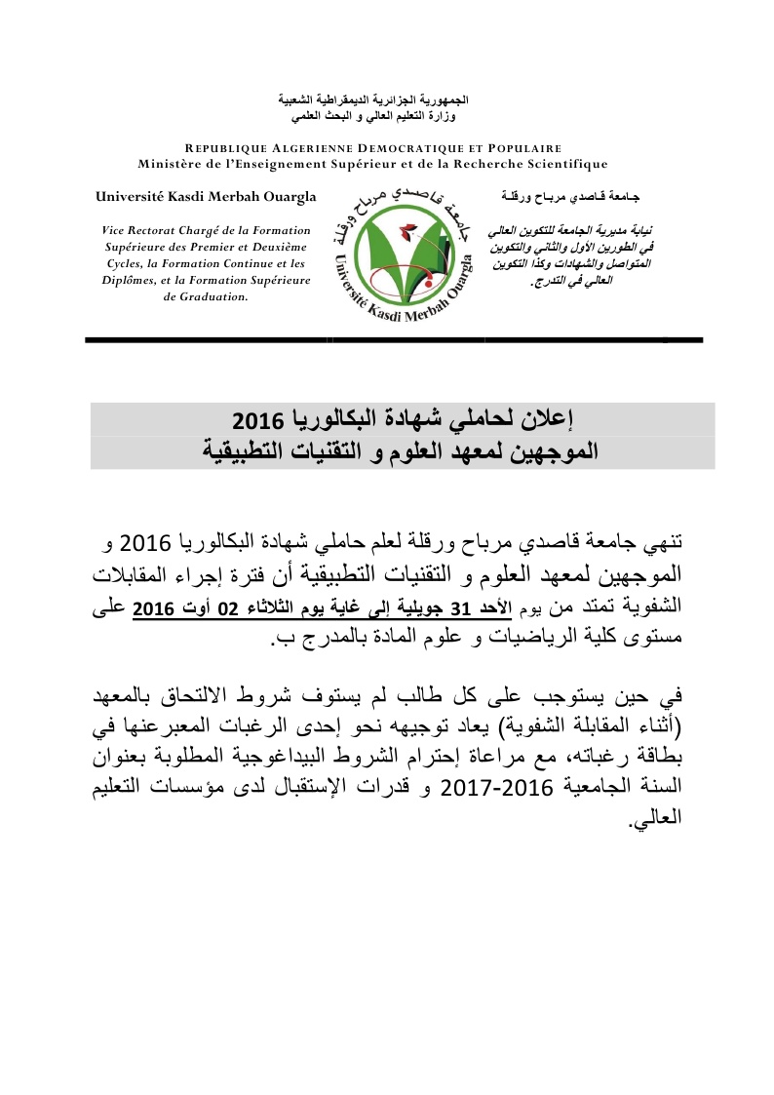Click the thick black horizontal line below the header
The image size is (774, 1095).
pos(394,338)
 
